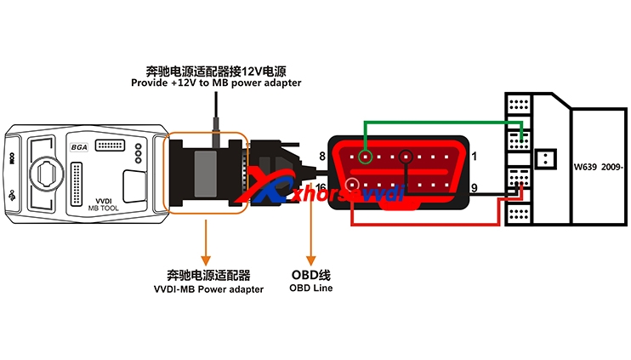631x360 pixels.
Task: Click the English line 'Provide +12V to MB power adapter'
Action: point(216,83)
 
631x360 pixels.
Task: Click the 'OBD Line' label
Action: point(312,289)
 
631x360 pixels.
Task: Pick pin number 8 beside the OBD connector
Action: point(321,156)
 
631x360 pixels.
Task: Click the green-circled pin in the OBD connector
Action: point(365,157)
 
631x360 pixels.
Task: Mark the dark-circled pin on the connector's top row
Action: point(406,157)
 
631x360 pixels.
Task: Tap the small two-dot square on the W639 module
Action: point(548,158)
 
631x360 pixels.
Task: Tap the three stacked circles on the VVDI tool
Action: point(138,153)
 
